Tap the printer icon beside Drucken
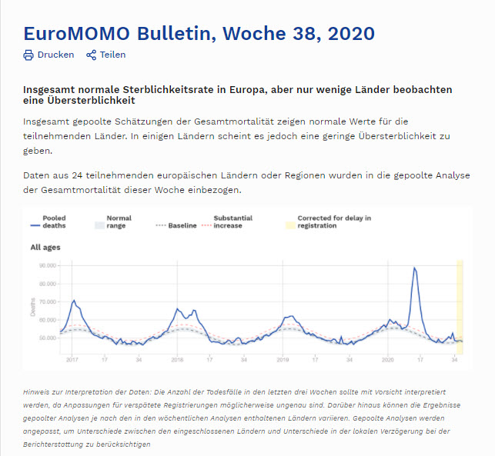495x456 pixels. click(x=28, y=55)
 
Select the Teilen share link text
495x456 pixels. click(x=112, y=55)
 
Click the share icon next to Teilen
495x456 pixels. click(x=92, y=55)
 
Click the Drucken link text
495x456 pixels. click(x=55, y=55)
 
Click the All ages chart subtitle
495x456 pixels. click(x=45, y=248)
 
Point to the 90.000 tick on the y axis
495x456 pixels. click(x=48, y=265)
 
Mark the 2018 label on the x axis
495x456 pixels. click(x=176, y=359)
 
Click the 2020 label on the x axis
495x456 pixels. click(x=388, y=359)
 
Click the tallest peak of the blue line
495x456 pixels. click(x=414, y=268)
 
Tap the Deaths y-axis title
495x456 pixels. click(x=32, y=307)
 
